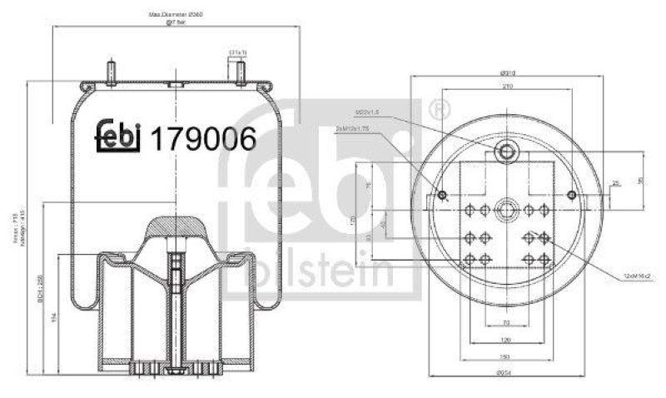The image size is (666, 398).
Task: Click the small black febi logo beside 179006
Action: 117,137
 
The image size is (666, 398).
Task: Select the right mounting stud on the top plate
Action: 241,72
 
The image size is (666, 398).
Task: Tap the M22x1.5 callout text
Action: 367,112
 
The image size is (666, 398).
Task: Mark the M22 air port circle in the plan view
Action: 506,151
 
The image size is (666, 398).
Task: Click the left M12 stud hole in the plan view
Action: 442,196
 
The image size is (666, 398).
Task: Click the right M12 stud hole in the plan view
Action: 571,196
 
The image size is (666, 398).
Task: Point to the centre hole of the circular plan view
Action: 506,209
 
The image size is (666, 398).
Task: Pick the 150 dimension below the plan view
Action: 506,356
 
